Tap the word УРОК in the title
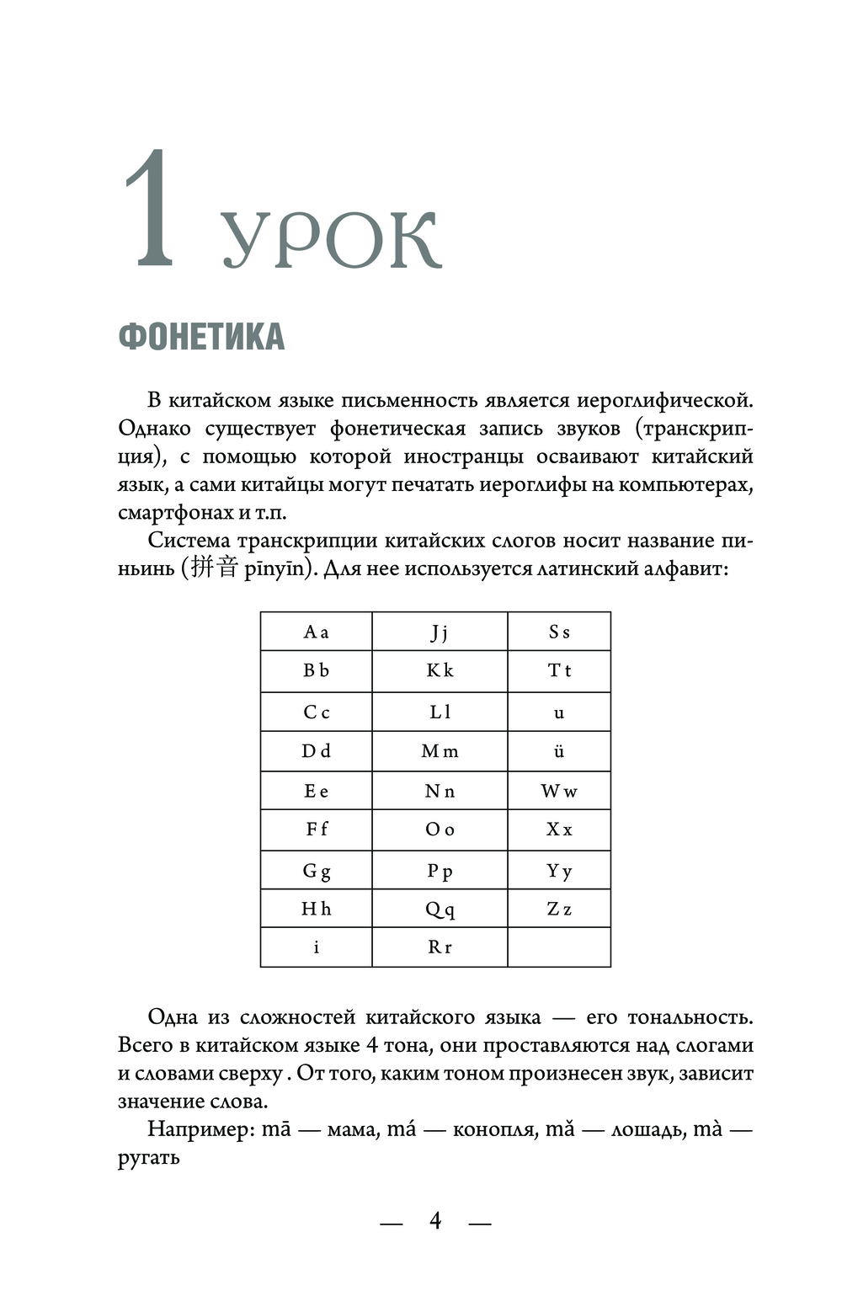[330, 240]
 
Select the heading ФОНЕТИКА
[201, 337]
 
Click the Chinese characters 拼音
[214, 568]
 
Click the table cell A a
[316, 632]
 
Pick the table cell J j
[440, 632]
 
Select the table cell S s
[559, 632]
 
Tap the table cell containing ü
[559, 751]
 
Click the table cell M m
[440, 751]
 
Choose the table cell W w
[559, 791]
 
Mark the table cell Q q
[440, 909]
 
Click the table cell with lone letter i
[316, 947]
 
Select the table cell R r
[440, 947]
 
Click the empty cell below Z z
[559, 947]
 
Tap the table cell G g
[316, 871]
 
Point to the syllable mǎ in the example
[560, 1128]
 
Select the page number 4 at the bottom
[435, 1220]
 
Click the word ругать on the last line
[149, 1158]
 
